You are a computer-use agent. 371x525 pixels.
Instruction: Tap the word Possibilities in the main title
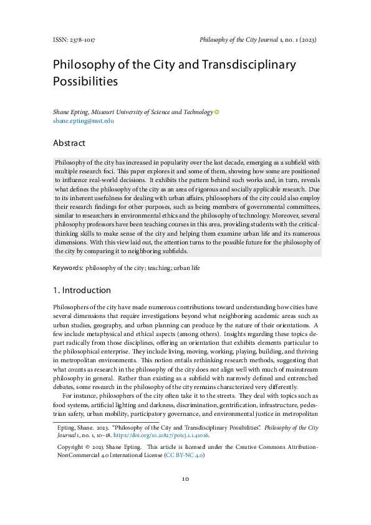pyautogui.click(x=85, y=81)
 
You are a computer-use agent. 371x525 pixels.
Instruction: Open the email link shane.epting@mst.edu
pyautogui.click(x=83, y=121)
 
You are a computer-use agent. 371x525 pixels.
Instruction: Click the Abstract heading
pyautogui.click(x=69, y=143)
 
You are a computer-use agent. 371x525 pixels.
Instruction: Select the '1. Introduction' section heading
pyautogui.click(x=82, y=291)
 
